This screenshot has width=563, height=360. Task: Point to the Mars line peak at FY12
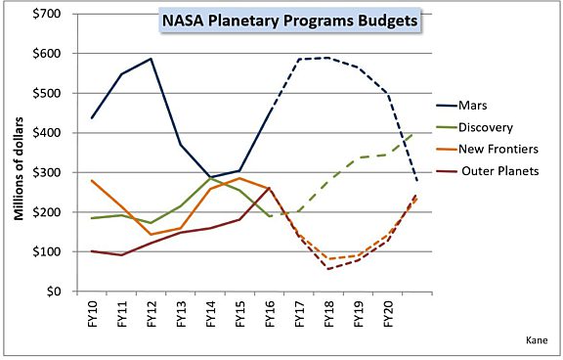click(x=152, y=59)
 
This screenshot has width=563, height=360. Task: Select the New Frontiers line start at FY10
click(x=92, y=180)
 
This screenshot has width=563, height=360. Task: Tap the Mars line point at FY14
click(x=211, y=177)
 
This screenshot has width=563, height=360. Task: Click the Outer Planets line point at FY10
click(x=92, y=251)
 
